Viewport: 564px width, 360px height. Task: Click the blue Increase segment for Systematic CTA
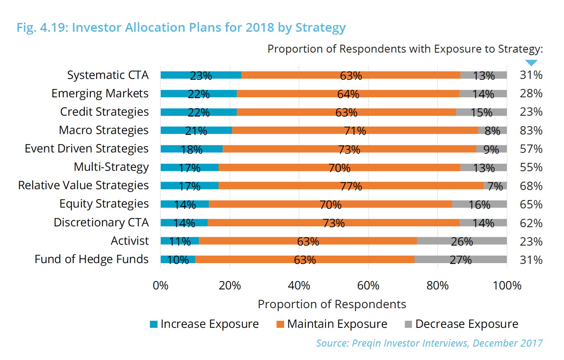[201, 75]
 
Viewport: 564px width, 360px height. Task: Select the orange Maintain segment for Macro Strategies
[355, 130]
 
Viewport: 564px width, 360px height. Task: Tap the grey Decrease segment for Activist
[462, 241]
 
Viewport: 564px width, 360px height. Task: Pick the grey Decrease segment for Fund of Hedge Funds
[460, 259]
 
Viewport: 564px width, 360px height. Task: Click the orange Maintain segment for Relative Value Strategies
[351, 185]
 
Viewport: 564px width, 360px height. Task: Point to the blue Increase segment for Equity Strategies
[185, 204]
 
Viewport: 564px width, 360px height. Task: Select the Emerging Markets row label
[100, 94]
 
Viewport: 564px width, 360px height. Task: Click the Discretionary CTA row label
[101, 223]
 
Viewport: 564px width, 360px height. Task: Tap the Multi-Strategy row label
[111, 167]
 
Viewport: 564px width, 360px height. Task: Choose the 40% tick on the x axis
[299, 286]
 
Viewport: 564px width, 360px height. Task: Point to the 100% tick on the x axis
[507, 286]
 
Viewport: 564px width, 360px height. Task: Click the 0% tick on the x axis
[160, 286]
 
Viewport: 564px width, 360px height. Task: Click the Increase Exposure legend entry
[205, 324]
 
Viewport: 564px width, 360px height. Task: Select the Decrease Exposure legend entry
[461, 324]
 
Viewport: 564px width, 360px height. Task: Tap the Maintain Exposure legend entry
[332, 324]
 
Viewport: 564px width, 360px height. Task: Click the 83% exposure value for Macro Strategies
[531, 130]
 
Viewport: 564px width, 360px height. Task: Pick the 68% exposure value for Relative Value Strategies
[531, 185]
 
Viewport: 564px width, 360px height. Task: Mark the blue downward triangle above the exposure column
[531, 63]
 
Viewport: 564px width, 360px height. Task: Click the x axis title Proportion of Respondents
[332, 304]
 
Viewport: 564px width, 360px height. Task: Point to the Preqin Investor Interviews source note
[429, 343]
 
